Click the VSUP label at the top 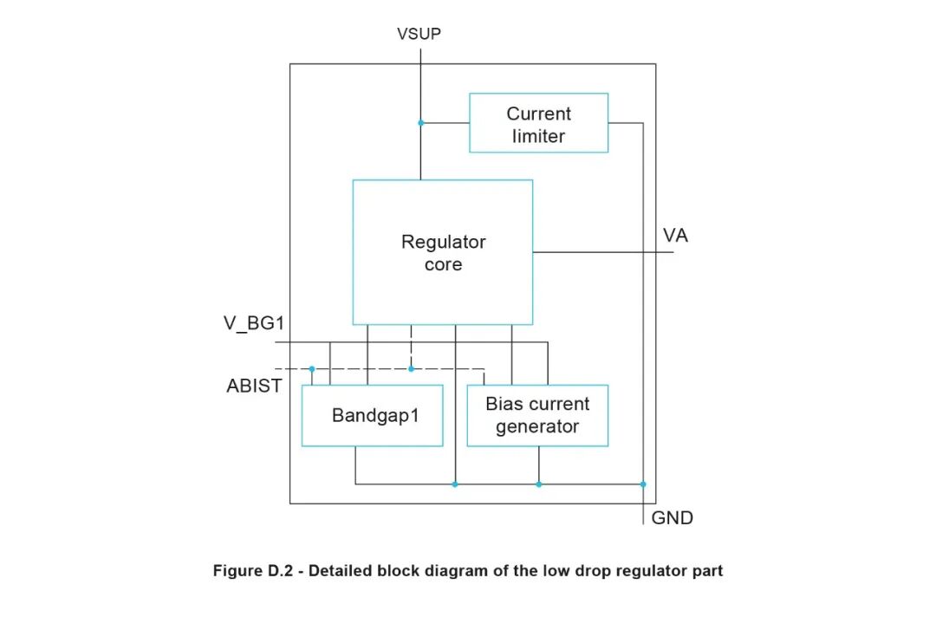coord(419,34)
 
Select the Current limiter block coord(538,123)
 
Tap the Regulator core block coord(443,252)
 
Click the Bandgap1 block coord(372,416)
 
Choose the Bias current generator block coord(537,416)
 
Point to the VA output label coord(675,235)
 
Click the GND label coord(672,518)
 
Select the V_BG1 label coord(254,324)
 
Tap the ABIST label coord(254,386)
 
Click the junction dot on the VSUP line coord(420,123)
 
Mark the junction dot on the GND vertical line coord(643,484)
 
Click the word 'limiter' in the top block coord(538,136)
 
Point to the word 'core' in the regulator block coord(443,264)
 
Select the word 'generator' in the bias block coord(537,426)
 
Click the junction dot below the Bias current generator coord(538,484)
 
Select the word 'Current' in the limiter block coord(538,114)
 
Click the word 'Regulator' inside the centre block coord(443,242)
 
